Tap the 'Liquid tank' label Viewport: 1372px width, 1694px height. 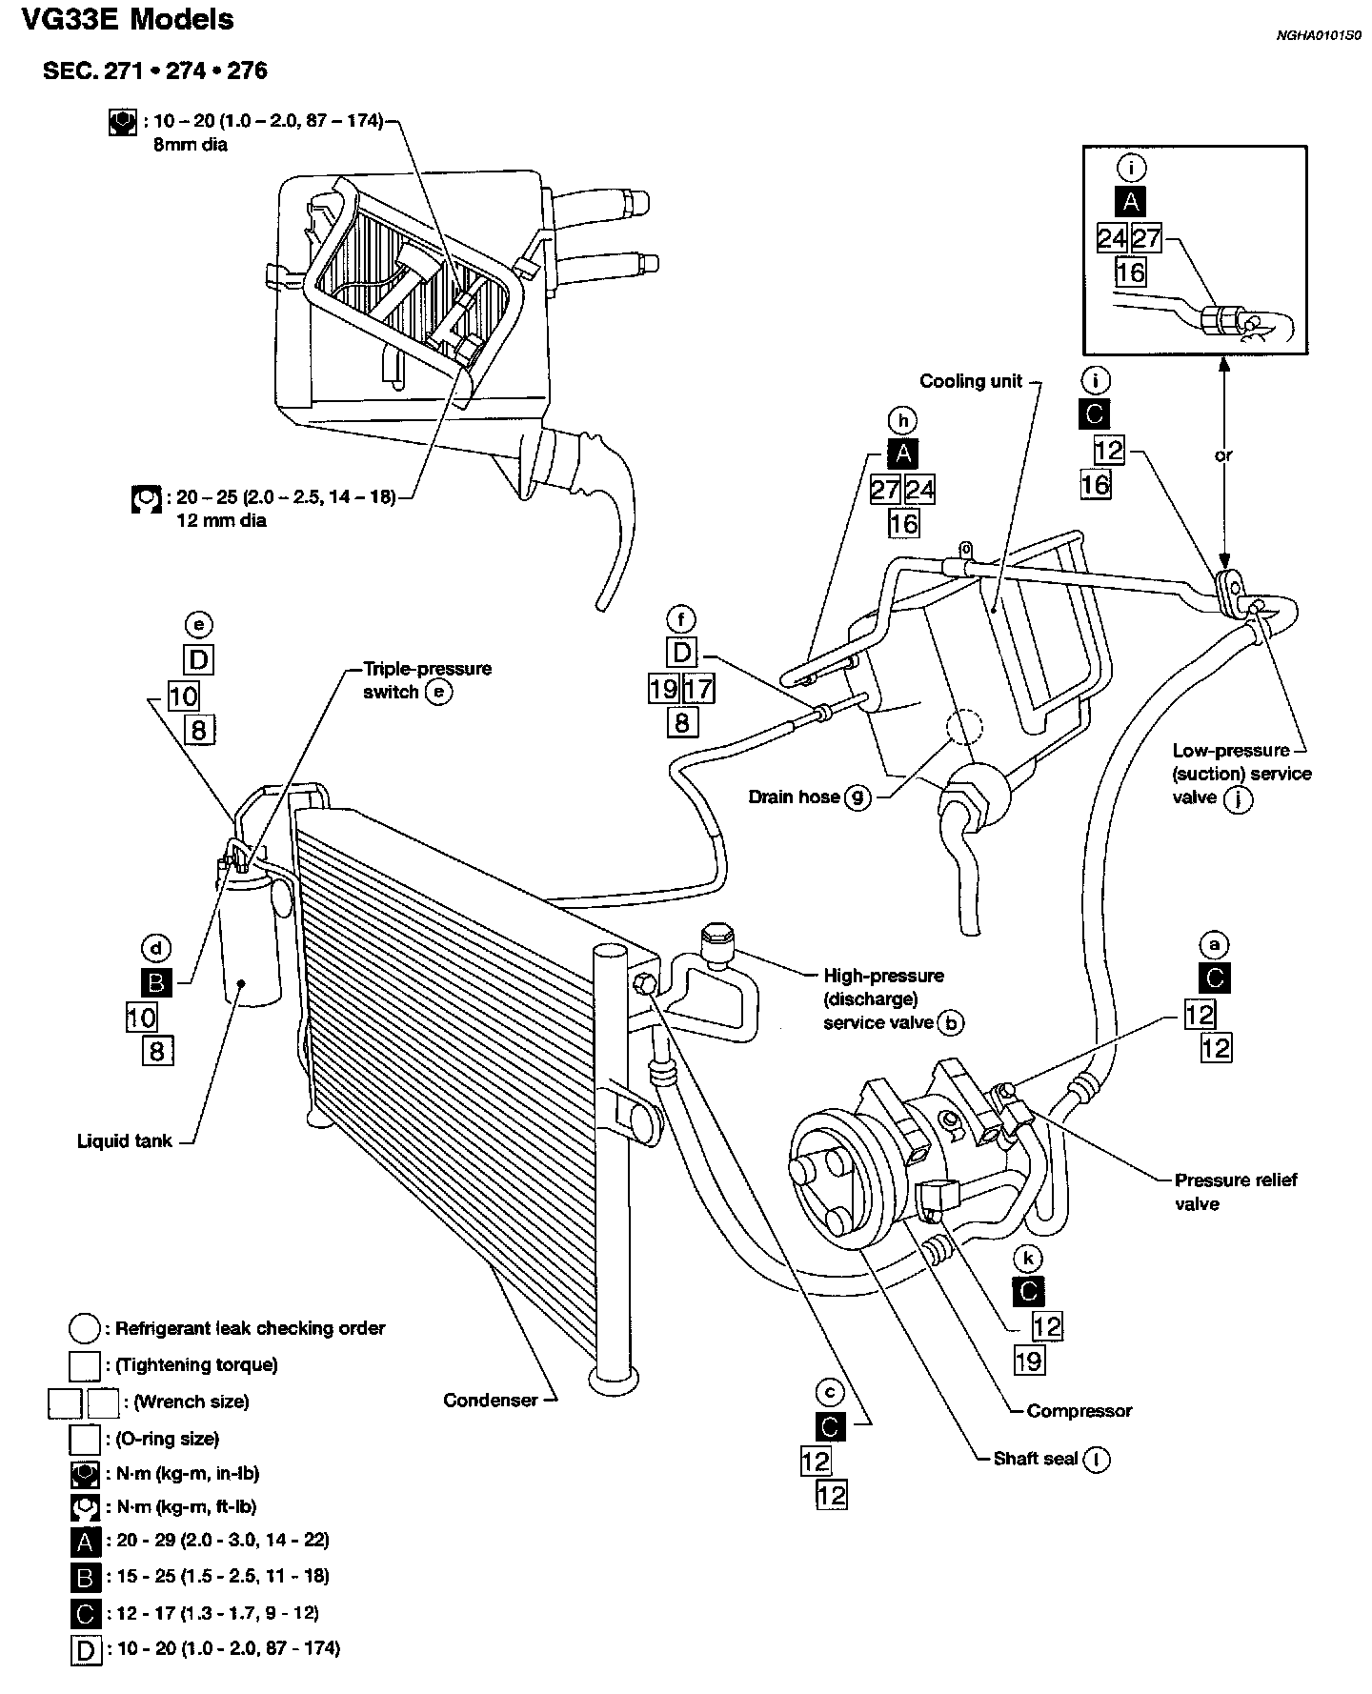click(124, 1140)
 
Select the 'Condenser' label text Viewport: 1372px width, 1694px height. click(490, 1400)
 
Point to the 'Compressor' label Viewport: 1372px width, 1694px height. click(1079, 1411)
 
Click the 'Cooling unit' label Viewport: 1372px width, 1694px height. click(970, 381)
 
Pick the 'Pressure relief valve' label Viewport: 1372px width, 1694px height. click(1235, 1192)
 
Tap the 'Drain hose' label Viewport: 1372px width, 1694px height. click(794, 797)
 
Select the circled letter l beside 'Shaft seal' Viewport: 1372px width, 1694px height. click(1097, 1459)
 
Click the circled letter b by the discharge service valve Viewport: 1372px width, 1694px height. click(950, 1023)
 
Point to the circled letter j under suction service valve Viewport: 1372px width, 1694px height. click(1239, 798)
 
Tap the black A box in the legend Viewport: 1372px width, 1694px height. click(86, 1541)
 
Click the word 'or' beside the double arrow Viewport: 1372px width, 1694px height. click(1223, 455)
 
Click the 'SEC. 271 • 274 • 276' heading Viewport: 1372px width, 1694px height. click(154, 71)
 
